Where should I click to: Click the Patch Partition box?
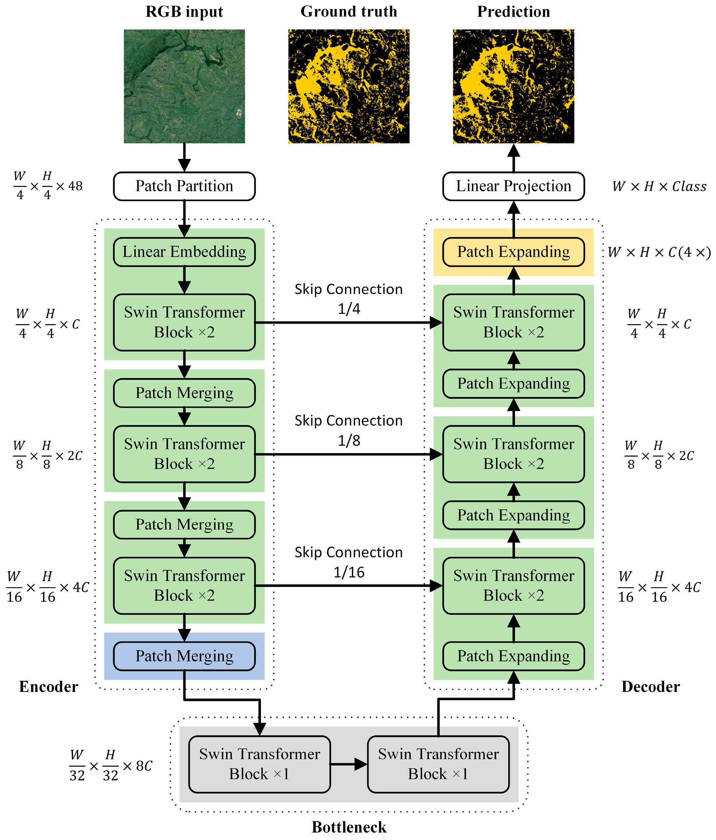[184, 186]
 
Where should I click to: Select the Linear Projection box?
[513, 186]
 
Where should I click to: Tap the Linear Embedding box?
[184, 252]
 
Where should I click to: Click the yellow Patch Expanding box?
[513, 252]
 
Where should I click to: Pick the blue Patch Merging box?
[184, 656]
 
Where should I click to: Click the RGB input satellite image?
[184, 86]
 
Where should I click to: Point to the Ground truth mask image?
[349, 86]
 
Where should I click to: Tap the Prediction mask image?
[513, 86]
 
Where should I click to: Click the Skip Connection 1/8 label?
[349, 430]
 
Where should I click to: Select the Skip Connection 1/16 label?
[349, 562]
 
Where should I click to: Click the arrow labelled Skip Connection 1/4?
[349, 323]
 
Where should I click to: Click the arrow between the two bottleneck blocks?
[349, 764]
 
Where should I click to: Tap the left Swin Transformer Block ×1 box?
[260, 764]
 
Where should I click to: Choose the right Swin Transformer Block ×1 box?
[438, 764]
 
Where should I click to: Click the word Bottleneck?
[349, 827]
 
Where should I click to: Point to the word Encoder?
[49, 687]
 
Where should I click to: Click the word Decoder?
[650, 687]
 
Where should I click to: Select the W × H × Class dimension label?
[659, 186]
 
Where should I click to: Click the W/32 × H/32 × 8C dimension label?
[111, 765]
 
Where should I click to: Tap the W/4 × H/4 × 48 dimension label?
[48, 186]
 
